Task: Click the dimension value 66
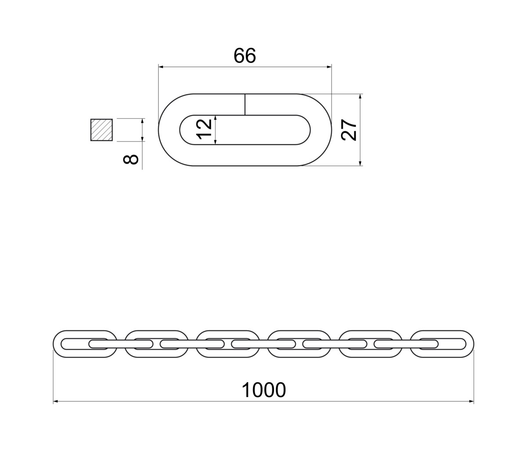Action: click(x=245, y=55)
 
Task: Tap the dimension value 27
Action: click(x=349, y=130)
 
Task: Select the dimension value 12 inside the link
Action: click(x=204, y=129)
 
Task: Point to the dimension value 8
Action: click(x=130, y=160)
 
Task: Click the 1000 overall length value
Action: click(x=263, y=390)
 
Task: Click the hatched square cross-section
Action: click(x=101, y=130)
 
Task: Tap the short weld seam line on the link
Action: click(x=245, y=104)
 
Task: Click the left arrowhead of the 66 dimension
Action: click(x=161, y=67)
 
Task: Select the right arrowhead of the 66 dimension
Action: click(x=329, y=67)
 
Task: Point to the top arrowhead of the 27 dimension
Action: click(x=360, y=96)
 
